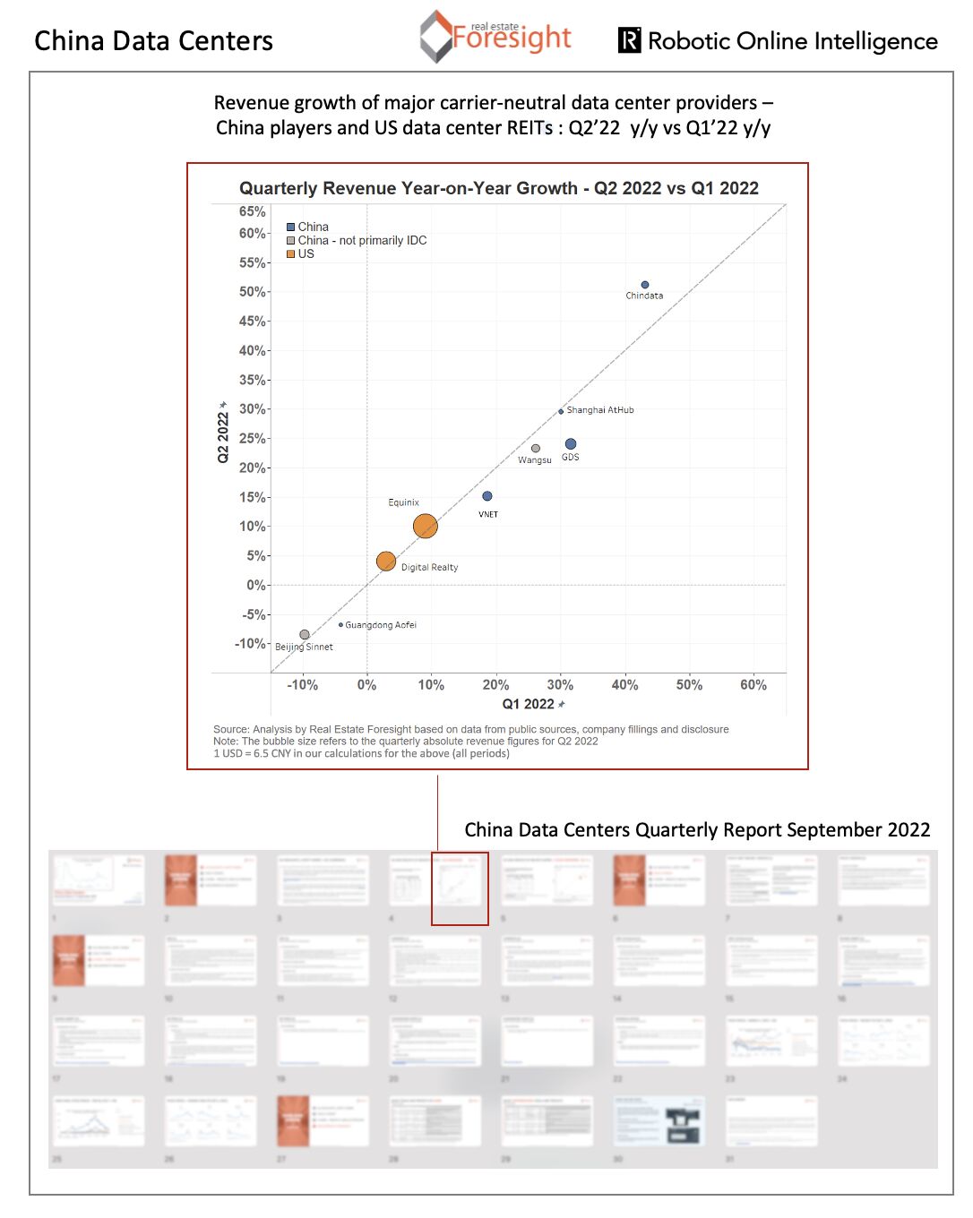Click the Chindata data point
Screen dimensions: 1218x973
point(645,285)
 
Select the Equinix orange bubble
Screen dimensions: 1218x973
point(426,527)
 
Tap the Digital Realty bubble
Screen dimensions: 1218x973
point(386,562)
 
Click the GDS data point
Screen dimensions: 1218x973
point(571,444)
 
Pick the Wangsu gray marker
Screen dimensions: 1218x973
point(536,449)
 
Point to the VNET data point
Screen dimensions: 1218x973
point(487,496)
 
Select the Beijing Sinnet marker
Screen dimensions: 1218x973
point(305,635)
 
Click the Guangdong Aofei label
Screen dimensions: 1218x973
point(381,625)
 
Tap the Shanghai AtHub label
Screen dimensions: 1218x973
point(600,410)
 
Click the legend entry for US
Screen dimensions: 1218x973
point(301,254)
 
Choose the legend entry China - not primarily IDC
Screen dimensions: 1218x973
point(357,241)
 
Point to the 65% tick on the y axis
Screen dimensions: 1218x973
point(252,212)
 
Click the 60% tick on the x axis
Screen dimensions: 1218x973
point(753,685)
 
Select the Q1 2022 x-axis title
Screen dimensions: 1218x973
point(529,705)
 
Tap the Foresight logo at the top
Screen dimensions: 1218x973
point(495,37)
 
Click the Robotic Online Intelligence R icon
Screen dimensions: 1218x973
point(630,40)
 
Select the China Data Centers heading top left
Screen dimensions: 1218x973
point(153,41)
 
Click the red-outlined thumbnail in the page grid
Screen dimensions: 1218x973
point(460,888)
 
